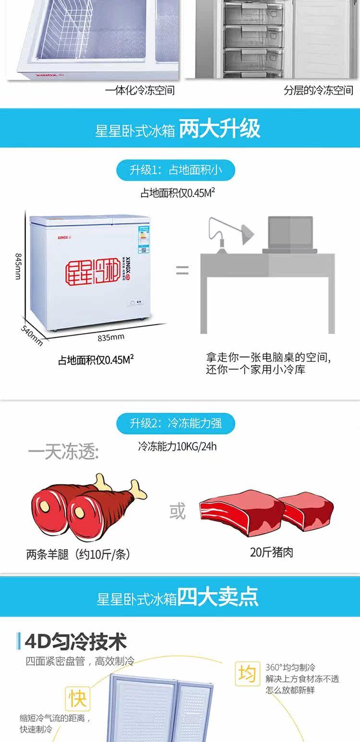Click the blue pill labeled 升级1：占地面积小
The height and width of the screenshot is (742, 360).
(x=176, y=170)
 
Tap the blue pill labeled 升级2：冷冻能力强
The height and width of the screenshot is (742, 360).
(x=176, y=423)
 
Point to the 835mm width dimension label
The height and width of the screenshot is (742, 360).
(x=111, y=337)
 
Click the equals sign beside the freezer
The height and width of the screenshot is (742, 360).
(x=182, y=270)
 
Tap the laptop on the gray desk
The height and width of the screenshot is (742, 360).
(x=290, y=235)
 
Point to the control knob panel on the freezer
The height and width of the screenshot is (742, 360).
(x=136, y=302)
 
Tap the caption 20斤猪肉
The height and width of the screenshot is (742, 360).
(x=271, y=552)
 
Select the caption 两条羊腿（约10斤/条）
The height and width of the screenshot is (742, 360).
(x=78, y=554)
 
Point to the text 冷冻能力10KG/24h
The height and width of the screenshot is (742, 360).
(x=177, y=446)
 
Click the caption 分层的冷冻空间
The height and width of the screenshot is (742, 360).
(x=318, y=90)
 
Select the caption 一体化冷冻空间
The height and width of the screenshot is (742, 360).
(x=140, y=90)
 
